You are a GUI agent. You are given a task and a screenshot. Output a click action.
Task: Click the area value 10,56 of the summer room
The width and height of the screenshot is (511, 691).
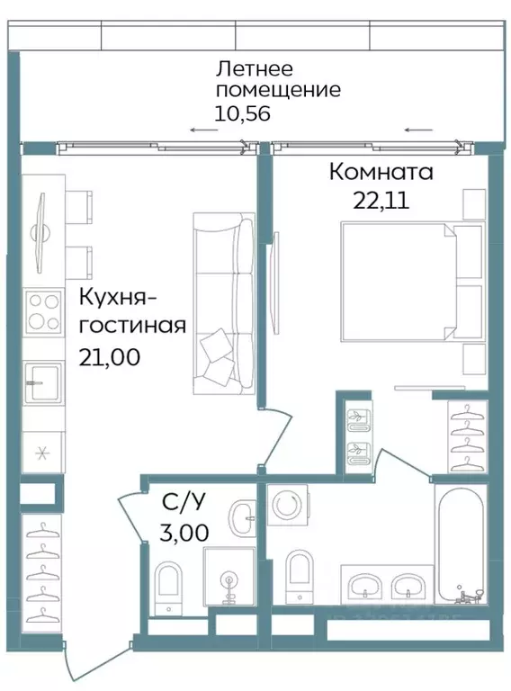tap(243, 113)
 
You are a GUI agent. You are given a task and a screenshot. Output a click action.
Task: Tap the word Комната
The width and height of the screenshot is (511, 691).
tap(381, 171)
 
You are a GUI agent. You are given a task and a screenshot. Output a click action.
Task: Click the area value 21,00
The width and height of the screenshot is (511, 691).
tap(109, 356)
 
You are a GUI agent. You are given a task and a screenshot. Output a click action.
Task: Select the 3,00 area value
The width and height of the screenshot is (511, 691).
tap(184, 532)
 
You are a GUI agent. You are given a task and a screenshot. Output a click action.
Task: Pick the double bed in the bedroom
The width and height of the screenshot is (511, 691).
tap(400, 282)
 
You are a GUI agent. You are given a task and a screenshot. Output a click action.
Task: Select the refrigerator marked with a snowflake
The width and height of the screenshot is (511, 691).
tap(41, 452)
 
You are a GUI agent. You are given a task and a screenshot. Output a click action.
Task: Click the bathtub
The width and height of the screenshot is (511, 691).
tap(462, 546)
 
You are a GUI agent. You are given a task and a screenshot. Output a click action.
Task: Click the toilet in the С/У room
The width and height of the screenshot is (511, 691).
tap(167, 585)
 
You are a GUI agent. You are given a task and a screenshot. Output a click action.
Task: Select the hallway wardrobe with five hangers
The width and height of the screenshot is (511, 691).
tap(41, 572)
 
